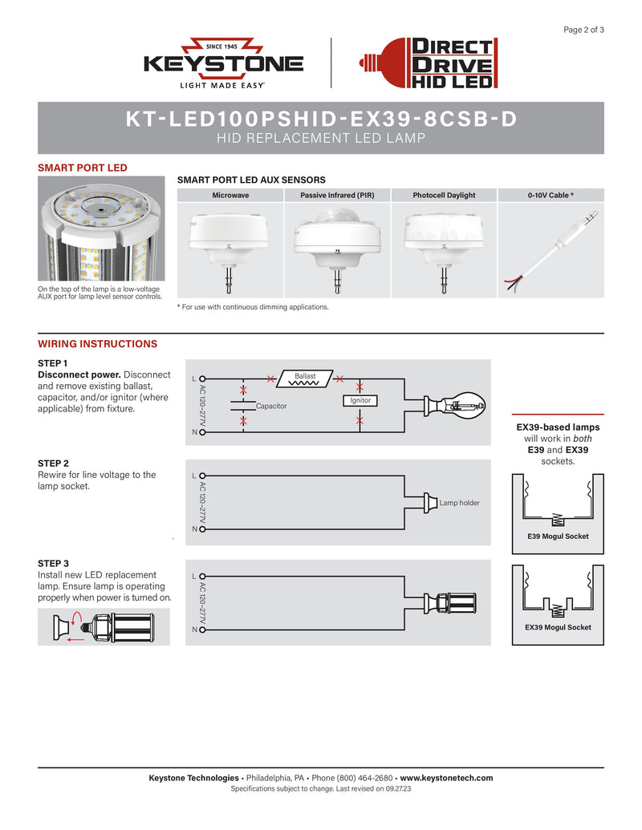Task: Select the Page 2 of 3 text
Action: click(583, 30)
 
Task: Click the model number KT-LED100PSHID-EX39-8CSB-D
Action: click(321, 119)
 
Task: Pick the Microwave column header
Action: click(230, 195)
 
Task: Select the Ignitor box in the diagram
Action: click(360, 399)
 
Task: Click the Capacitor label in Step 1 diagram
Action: click(271, 407)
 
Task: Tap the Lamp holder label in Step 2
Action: click(459, 503)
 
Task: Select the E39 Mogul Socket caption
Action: click(557, 536)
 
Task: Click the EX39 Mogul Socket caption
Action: click(557, 627)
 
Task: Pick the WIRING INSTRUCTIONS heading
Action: click(97, 344)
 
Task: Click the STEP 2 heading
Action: click(53, 464)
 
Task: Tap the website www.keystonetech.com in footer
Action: click(446, 778)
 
